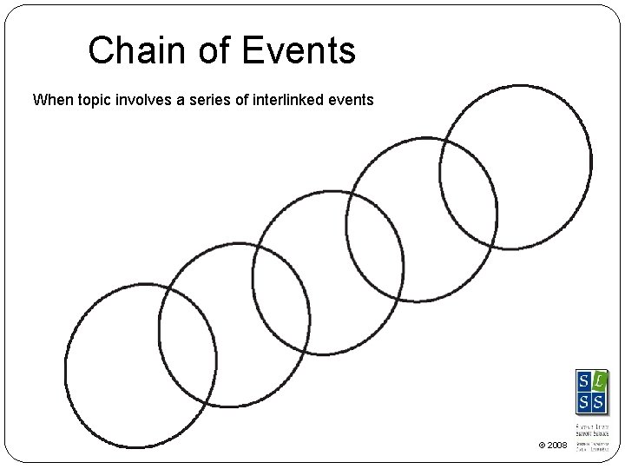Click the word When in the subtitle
tap(52, 100)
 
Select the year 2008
tap(557, 446)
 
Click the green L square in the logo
tap(599, 381)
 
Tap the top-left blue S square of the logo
tap(584, 381)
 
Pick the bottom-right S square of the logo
tap(599, 401)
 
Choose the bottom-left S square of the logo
tap(584, 401)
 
